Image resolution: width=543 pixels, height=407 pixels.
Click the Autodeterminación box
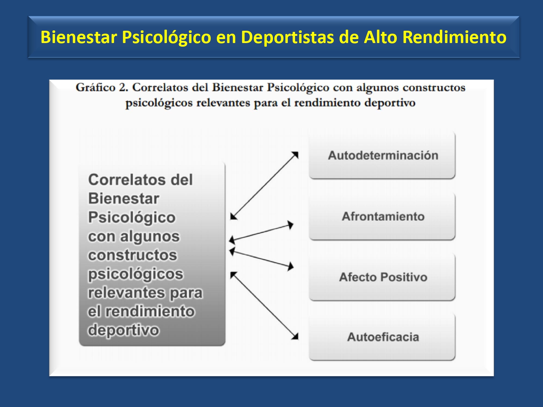[x=382, y=155]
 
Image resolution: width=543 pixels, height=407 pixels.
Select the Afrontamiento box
[x=382, y=216]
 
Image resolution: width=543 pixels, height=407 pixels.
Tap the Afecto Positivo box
[x=382, y=277]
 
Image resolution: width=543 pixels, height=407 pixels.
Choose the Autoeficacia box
[x=382, y=337]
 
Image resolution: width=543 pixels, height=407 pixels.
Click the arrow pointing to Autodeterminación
[x=265, y=186]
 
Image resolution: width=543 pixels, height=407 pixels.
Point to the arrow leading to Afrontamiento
[x=261, y=232]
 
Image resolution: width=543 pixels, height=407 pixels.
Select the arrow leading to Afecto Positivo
[x=261, y=259]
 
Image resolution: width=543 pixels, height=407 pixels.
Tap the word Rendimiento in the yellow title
[x=455, y=37]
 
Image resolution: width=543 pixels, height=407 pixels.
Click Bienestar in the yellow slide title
[x=79, y=37]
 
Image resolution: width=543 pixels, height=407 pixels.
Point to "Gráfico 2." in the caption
[x=102, y=88]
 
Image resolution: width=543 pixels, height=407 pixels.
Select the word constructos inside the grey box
[x=132, y=255]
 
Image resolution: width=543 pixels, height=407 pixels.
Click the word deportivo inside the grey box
[x=123, y=330]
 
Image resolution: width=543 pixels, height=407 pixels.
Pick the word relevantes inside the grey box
[x=127, y=293]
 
